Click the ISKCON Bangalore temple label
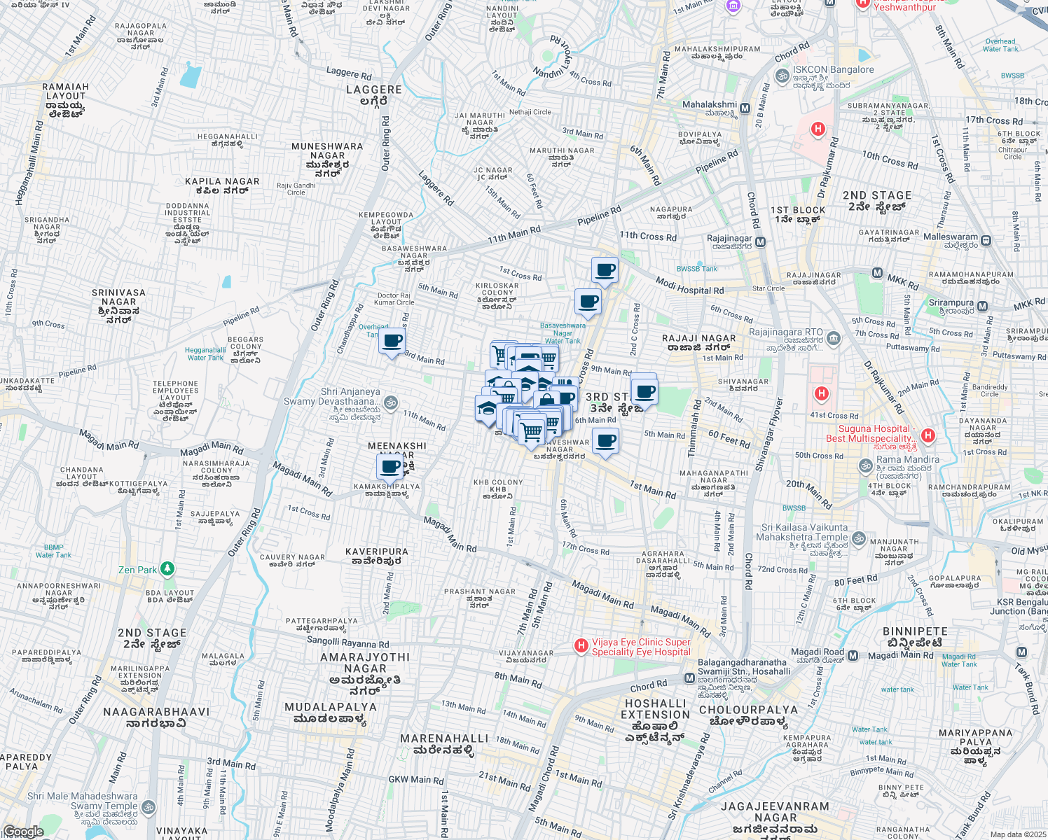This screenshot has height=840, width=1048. (x=833, y=70)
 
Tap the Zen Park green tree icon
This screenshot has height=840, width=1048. (x=167, y=568)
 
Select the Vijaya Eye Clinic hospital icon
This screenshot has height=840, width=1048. (x=581, y=645)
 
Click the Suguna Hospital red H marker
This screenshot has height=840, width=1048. (x=928, y=435)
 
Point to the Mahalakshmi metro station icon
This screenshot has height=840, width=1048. (x=745, y=108)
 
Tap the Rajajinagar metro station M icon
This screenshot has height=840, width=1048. (x=760, y=242)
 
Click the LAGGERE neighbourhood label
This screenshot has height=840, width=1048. (x=374, y=90)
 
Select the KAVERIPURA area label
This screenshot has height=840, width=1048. (x=377, y=552)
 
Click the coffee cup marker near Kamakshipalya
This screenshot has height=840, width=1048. (x=391, y=468)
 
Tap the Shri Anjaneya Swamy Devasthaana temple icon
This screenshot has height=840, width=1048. (x=391, y=402)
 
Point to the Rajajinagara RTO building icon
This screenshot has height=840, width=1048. (x=834, y=339)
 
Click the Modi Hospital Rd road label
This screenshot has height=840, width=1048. (x=689, y=286)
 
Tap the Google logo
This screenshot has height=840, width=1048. (x=24, y=832)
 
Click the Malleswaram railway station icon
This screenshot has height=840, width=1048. (x=986, y=241)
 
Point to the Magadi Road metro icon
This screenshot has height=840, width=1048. (x=853, y=656)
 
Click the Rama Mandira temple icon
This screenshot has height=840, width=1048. (x=866, y=465)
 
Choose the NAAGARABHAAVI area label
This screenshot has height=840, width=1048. (x=156, y=712)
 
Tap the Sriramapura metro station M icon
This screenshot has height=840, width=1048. (x=982, y=307)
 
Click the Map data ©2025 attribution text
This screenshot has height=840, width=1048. (x=1017, y=834)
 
